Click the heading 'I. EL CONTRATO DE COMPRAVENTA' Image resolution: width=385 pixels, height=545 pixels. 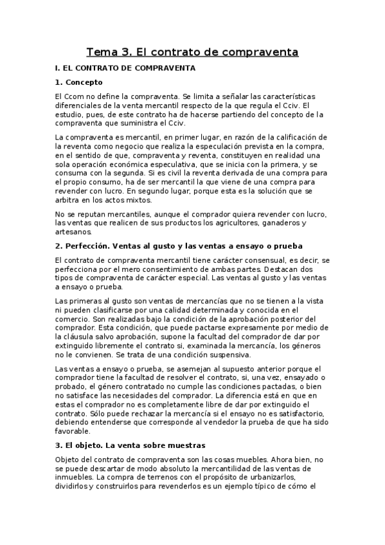click(126, 67)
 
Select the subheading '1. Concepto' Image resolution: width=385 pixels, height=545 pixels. click(79, 82)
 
